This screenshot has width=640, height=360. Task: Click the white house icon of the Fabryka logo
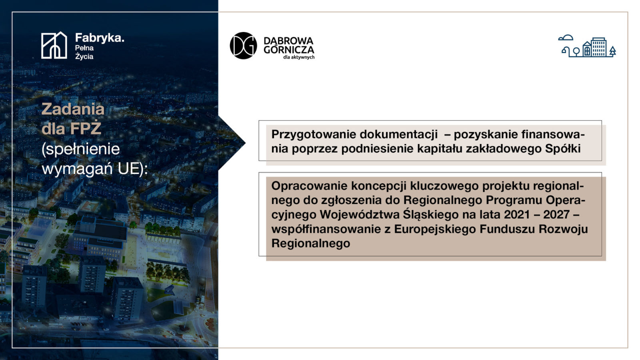[54, 45]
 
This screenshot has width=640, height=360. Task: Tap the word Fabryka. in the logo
[100, 38]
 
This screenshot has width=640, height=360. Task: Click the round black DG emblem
[244, 46]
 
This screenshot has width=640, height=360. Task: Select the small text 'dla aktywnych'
[299, 57]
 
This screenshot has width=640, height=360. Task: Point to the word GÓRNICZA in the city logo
[289, 50]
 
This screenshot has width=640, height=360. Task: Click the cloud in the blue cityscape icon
[566, 38]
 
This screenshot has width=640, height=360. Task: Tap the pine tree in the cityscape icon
[612, 51]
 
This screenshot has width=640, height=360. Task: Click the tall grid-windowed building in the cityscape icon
[598, 47]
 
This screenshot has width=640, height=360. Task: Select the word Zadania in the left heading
[73, 109]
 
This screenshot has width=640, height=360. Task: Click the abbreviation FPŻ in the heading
[86, 128]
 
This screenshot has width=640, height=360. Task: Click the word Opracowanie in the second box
[309, 186]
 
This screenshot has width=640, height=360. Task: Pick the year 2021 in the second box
[517, 214]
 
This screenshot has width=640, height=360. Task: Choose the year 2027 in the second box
[556, 214]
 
